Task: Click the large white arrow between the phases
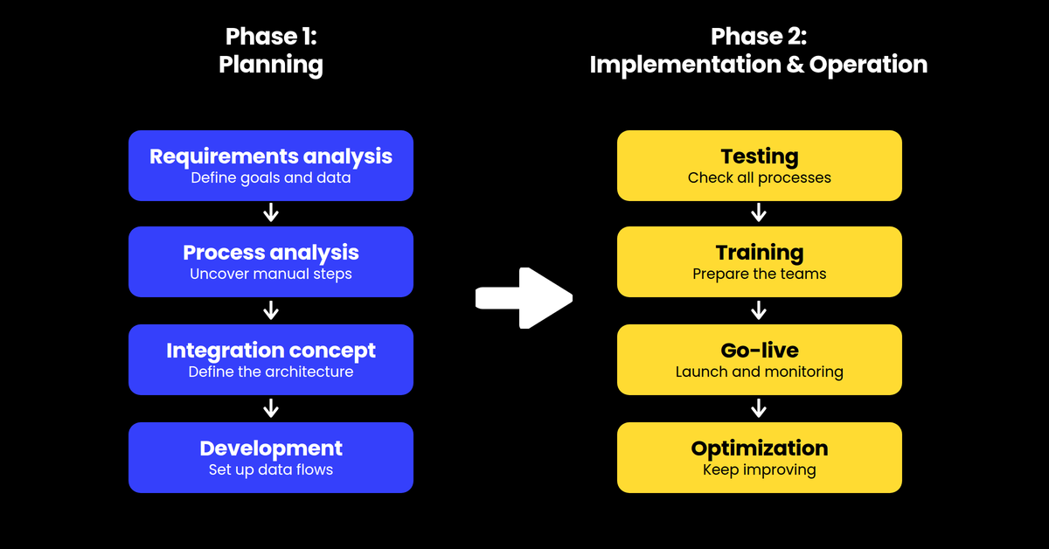[524, 298]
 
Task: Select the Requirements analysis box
[271, 166]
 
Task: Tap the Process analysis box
[271, 262]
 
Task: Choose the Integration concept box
[271, 360]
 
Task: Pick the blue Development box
[271, 458]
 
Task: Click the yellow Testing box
[759, 166]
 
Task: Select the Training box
[759, 262]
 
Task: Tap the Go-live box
[759, 360]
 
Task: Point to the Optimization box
[759, 458]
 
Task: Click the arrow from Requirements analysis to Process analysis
[271, 212]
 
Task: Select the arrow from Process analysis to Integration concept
[271, 310]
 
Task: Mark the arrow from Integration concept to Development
[271, 408]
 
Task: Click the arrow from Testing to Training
[759, 212]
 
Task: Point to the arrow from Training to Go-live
[759, 310]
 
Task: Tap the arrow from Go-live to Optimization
[759, 408]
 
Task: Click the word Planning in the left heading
[271, 65]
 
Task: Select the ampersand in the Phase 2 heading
[795, 64]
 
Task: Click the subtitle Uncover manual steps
[271, 274]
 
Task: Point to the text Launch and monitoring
[759, 372]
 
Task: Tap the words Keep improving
[759, 469]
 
